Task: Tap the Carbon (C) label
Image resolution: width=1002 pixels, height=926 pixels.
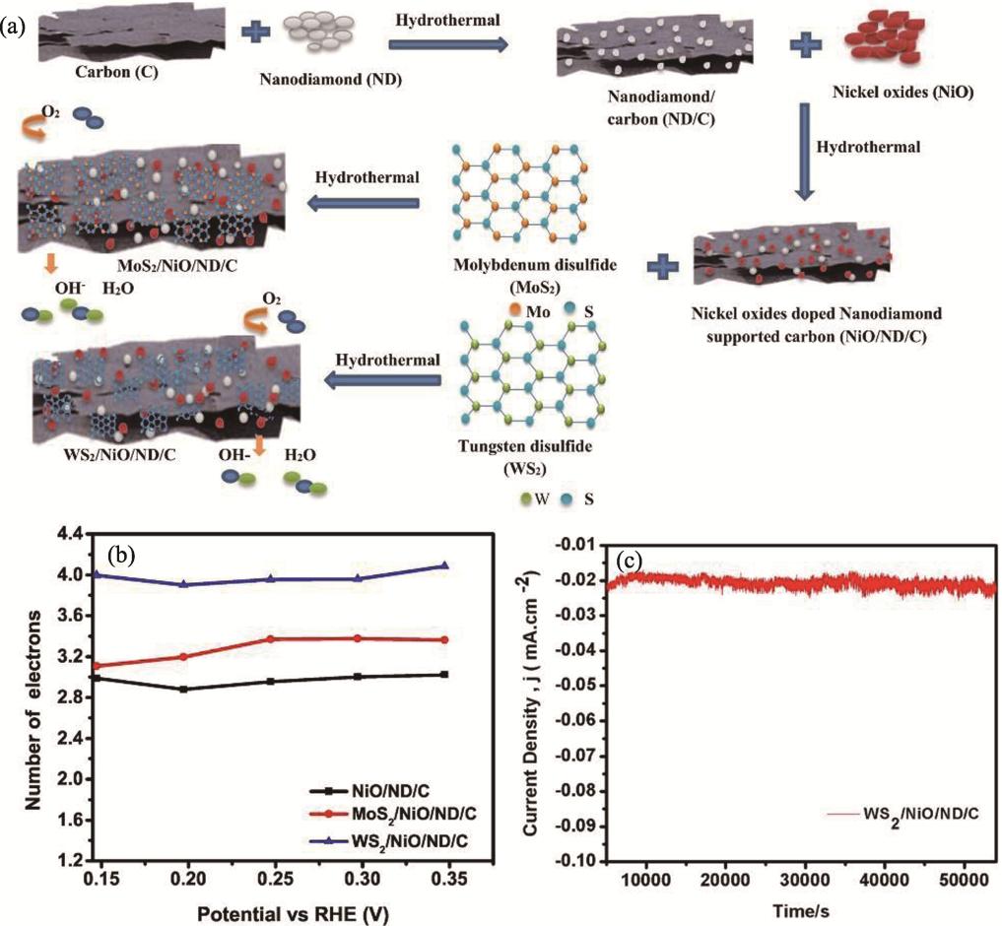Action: point(116,71)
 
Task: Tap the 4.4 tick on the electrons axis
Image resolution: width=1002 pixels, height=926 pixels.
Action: point(97,533)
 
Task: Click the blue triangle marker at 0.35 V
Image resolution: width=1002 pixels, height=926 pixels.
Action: point(444,565)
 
